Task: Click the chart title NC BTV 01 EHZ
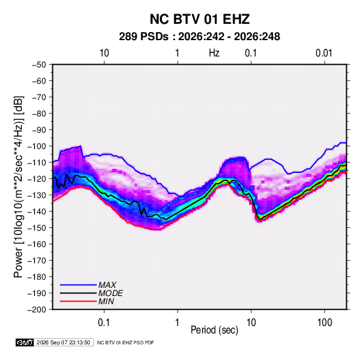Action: coord(199,19)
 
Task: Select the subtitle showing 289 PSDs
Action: coord(199,37)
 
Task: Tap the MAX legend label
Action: coord(107,285)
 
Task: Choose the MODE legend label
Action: coord(110,293)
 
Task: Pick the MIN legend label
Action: coord(106,301)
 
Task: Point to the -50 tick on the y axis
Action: coord(39,65)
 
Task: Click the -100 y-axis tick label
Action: coord(37,146)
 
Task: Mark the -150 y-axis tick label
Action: coord(37,228)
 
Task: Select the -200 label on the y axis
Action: coord(37,310)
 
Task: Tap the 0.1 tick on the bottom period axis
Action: coord(104,323)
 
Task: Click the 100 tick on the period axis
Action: coord(325,323)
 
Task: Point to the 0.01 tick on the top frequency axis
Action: coord(324,53)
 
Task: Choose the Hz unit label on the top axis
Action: coord(214,53)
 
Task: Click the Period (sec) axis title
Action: coord(214,330)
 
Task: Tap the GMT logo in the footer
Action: coord(24,342)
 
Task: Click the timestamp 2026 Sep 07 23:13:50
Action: coord(63,342)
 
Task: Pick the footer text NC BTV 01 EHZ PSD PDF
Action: coord(125,342)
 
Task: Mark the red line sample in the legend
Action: coord(78,301)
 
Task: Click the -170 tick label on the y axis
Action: coord(37,261)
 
